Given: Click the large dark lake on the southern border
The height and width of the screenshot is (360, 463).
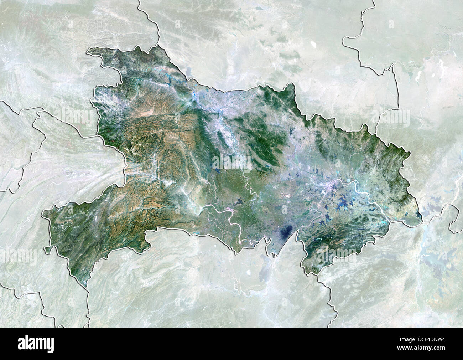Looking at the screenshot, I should point(287,232).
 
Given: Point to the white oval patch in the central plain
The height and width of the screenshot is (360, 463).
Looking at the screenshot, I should point(285,195).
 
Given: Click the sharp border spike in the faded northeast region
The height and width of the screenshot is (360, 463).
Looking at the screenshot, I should point(393,66).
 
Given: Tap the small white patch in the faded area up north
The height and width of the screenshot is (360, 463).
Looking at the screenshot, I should point(313,45).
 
